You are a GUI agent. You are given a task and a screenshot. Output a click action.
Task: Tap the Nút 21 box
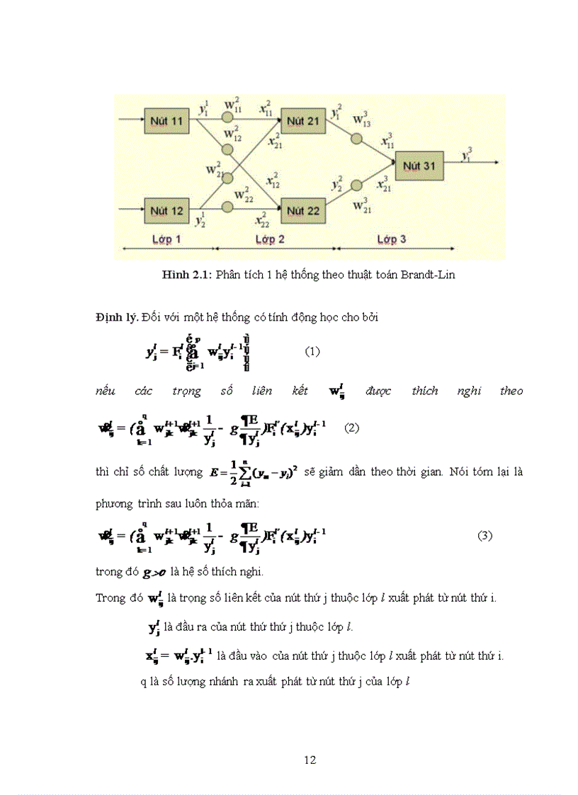303,122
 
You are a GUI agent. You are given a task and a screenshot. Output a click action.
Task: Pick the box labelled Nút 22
303,210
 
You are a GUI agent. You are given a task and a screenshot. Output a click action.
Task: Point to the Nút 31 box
421,166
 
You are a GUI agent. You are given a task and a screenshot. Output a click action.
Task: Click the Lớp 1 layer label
167,239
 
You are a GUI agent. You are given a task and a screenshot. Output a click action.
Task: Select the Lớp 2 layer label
270,239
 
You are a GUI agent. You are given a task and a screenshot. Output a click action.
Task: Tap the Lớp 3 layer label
392,239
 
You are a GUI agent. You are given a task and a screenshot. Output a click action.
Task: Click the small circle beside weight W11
228,118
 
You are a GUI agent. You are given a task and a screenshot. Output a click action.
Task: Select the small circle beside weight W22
228,207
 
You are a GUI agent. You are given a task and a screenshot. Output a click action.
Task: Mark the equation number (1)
313,351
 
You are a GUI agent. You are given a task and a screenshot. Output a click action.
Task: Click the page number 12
310,760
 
